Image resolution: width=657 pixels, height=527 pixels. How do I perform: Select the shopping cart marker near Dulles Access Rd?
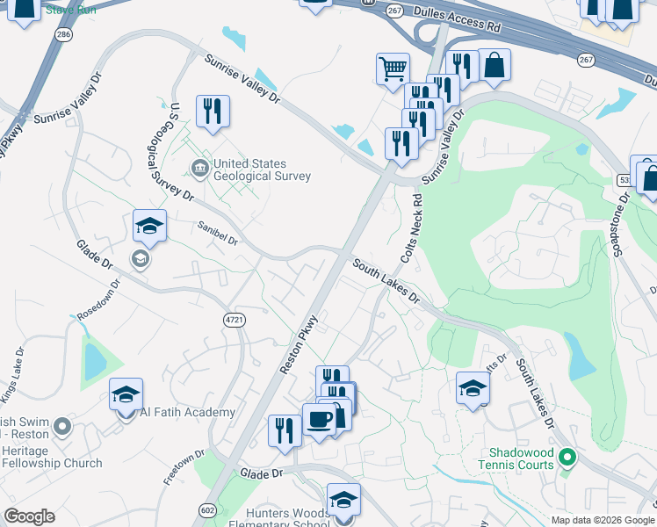tap(393, 68)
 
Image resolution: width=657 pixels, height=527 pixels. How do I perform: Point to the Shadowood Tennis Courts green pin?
tap(567, 458)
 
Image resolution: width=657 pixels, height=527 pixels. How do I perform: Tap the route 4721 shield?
tap(234, 320)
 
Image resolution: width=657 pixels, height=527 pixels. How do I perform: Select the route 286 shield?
tap(62, 34)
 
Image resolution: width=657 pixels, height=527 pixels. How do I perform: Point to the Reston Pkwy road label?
tap(299, 344)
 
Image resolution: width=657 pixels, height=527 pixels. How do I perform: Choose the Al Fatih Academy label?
tap(187, 412)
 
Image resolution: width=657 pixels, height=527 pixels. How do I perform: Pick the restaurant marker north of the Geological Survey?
tap(213, 112)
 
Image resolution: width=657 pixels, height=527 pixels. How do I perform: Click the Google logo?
tap(29, 516)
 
